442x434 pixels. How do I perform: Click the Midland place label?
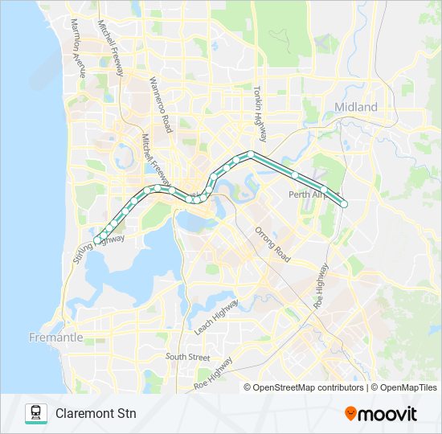pyautogui.click(x=355, y=107)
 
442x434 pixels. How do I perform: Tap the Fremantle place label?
pyautogui.click(x=55, y=338)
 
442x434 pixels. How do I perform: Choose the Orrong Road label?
pyautogui.click(x=272, y=244)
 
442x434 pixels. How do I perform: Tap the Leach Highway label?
pyautogui.click(x=216, y=317)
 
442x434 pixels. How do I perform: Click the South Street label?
pyautogui.click(x=187, y=356)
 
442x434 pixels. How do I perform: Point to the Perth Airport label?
pyautogui.click(x=306, y=194)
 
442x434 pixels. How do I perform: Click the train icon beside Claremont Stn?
pyautogui.click(x=36, y=413)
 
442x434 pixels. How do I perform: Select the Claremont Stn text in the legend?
pyautogui.click(x=96, y=414)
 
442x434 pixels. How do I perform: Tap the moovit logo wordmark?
pyautogui.click(x=388, y=414)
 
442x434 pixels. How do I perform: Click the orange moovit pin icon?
pyautogui.click(x=350, y=414)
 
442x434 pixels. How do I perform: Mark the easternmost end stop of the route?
pyautogui.click(x=344, y=204)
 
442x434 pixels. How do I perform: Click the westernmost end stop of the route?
pyautogui.click(x=97, y=240)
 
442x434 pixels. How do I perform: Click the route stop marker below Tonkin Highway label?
pyautogui.click(x=251, y=154)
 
